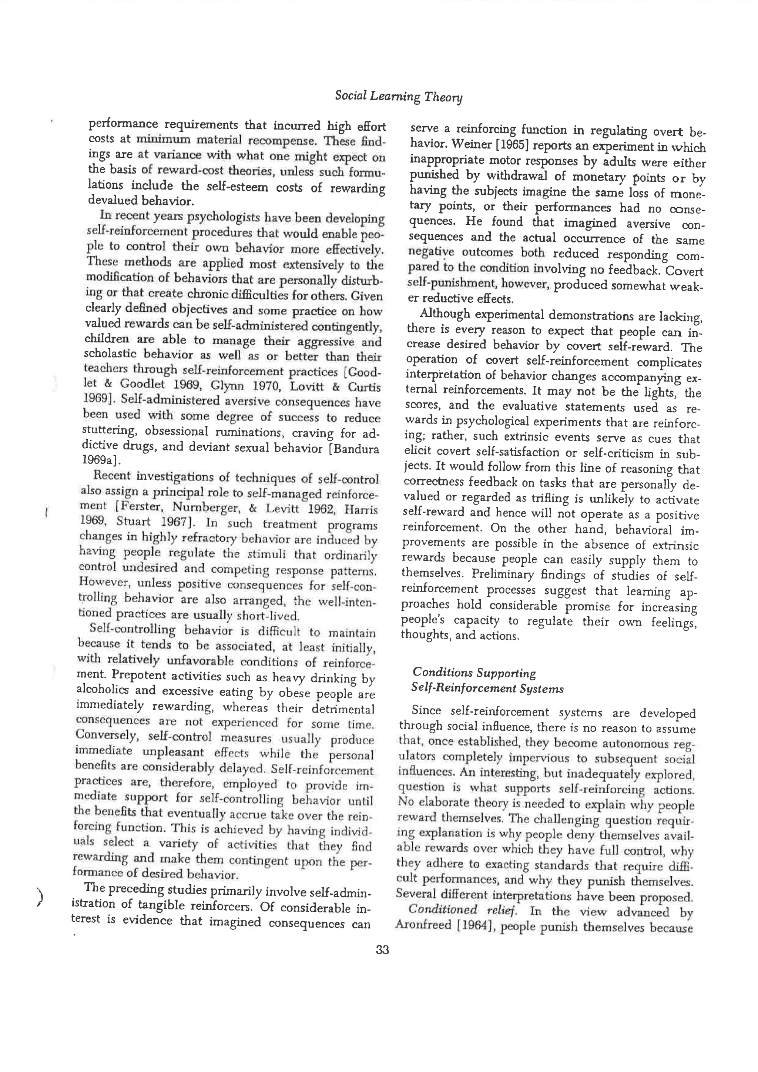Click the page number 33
382,950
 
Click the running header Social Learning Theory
398,97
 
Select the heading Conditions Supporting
474,673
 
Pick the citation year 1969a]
101,460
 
